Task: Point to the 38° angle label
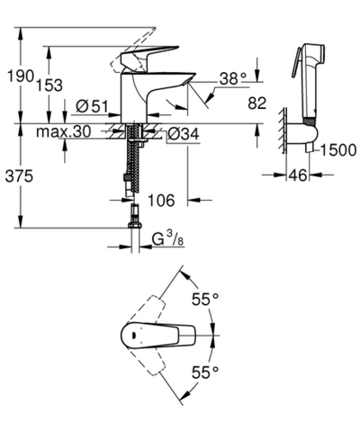230,78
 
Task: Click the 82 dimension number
257,104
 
